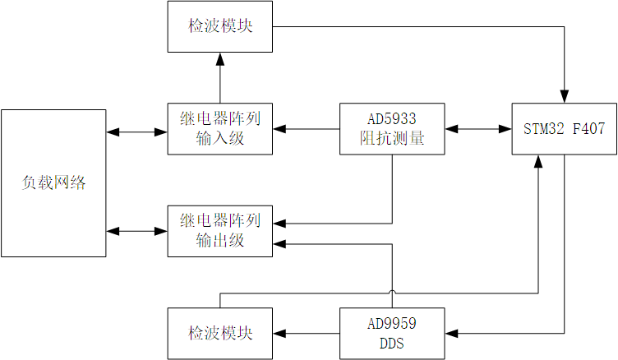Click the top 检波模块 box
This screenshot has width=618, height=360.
point(219,25)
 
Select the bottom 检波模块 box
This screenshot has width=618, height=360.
point(219,333)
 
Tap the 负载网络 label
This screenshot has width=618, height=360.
point(53,182)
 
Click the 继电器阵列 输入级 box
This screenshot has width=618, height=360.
point(219,128)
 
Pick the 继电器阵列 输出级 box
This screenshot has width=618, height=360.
point(219,231)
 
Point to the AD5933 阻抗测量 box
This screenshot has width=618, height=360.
point(392,128)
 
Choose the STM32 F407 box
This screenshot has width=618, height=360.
point(564,128)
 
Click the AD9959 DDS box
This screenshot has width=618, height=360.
point(392,333)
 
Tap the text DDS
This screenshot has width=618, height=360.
point(392,343)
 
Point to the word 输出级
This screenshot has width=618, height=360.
point(219,241)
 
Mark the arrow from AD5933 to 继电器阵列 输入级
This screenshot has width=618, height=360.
point(306,128)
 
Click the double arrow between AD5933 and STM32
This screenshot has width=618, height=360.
point(477,128)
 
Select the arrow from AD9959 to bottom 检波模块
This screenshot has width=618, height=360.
point(306,333)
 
